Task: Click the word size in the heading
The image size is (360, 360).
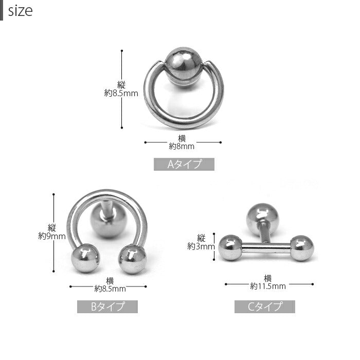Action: tap(20, 11)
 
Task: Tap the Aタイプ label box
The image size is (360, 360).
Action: tap(184, 164)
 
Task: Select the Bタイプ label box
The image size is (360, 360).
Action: tap(107, 307)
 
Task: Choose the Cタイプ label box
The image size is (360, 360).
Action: tap(265, 307)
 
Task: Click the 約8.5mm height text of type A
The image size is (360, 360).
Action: tap(121, 93)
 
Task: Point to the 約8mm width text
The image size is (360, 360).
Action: tap(182, 146)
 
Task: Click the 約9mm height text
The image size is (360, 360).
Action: tap(52, 236)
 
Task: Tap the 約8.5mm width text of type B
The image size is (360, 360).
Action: tap(110, 289)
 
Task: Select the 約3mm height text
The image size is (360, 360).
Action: tap(201, 246)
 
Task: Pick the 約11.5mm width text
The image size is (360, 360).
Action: tap(268, 286)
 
